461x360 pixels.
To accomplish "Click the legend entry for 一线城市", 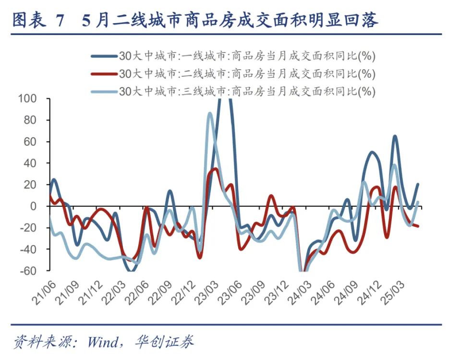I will [247, 56].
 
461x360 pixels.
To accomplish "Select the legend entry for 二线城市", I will [247, 74].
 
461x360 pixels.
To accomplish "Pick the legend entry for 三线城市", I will [247, 91].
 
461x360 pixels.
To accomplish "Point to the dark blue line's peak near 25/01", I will [395, 137].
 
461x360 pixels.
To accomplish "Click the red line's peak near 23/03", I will [216, 169].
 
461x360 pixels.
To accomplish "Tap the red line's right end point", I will [418, 226].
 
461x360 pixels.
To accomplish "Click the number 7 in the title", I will [60, 21].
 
